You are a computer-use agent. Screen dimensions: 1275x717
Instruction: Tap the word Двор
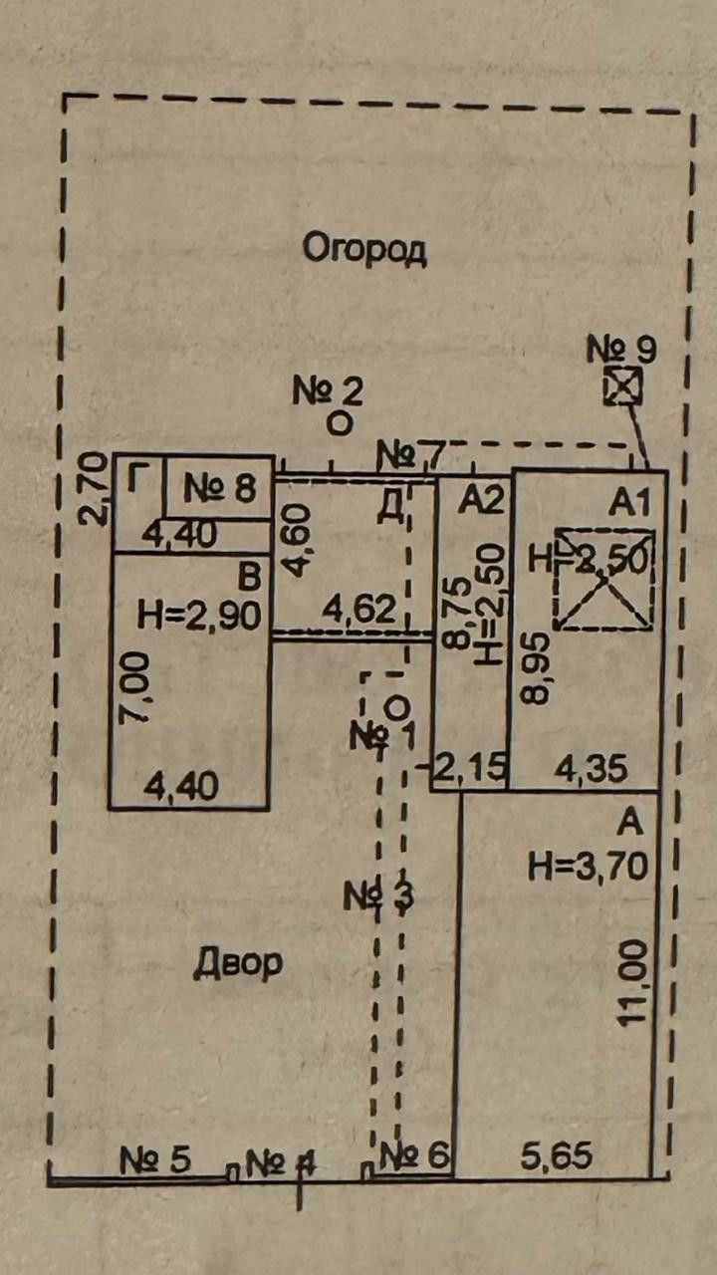tap(238, 962)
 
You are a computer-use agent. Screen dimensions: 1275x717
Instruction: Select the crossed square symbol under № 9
tap(623, 386)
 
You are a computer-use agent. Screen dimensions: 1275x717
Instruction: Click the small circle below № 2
tap(340, 423)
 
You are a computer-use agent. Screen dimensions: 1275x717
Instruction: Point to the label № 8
tap(220, 488)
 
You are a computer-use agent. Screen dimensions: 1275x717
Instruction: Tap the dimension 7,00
tap(136, 687)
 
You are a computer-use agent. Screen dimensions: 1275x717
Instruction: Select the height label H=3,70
tap(588, 866)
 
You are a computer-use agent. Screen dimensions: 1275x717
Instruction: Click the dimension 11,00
tap(635, 986)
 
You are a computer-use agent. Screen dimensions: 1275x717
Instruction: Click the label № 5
tap(154, 1159)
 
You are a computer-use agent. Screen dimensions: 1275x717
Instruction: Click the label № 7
tap(409, 457)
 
